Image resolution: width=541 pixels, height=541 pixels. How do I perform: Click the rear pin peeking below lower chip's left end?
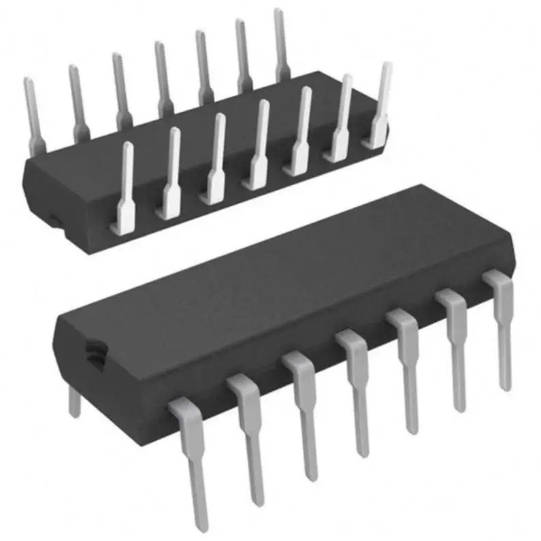(74, 403)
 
